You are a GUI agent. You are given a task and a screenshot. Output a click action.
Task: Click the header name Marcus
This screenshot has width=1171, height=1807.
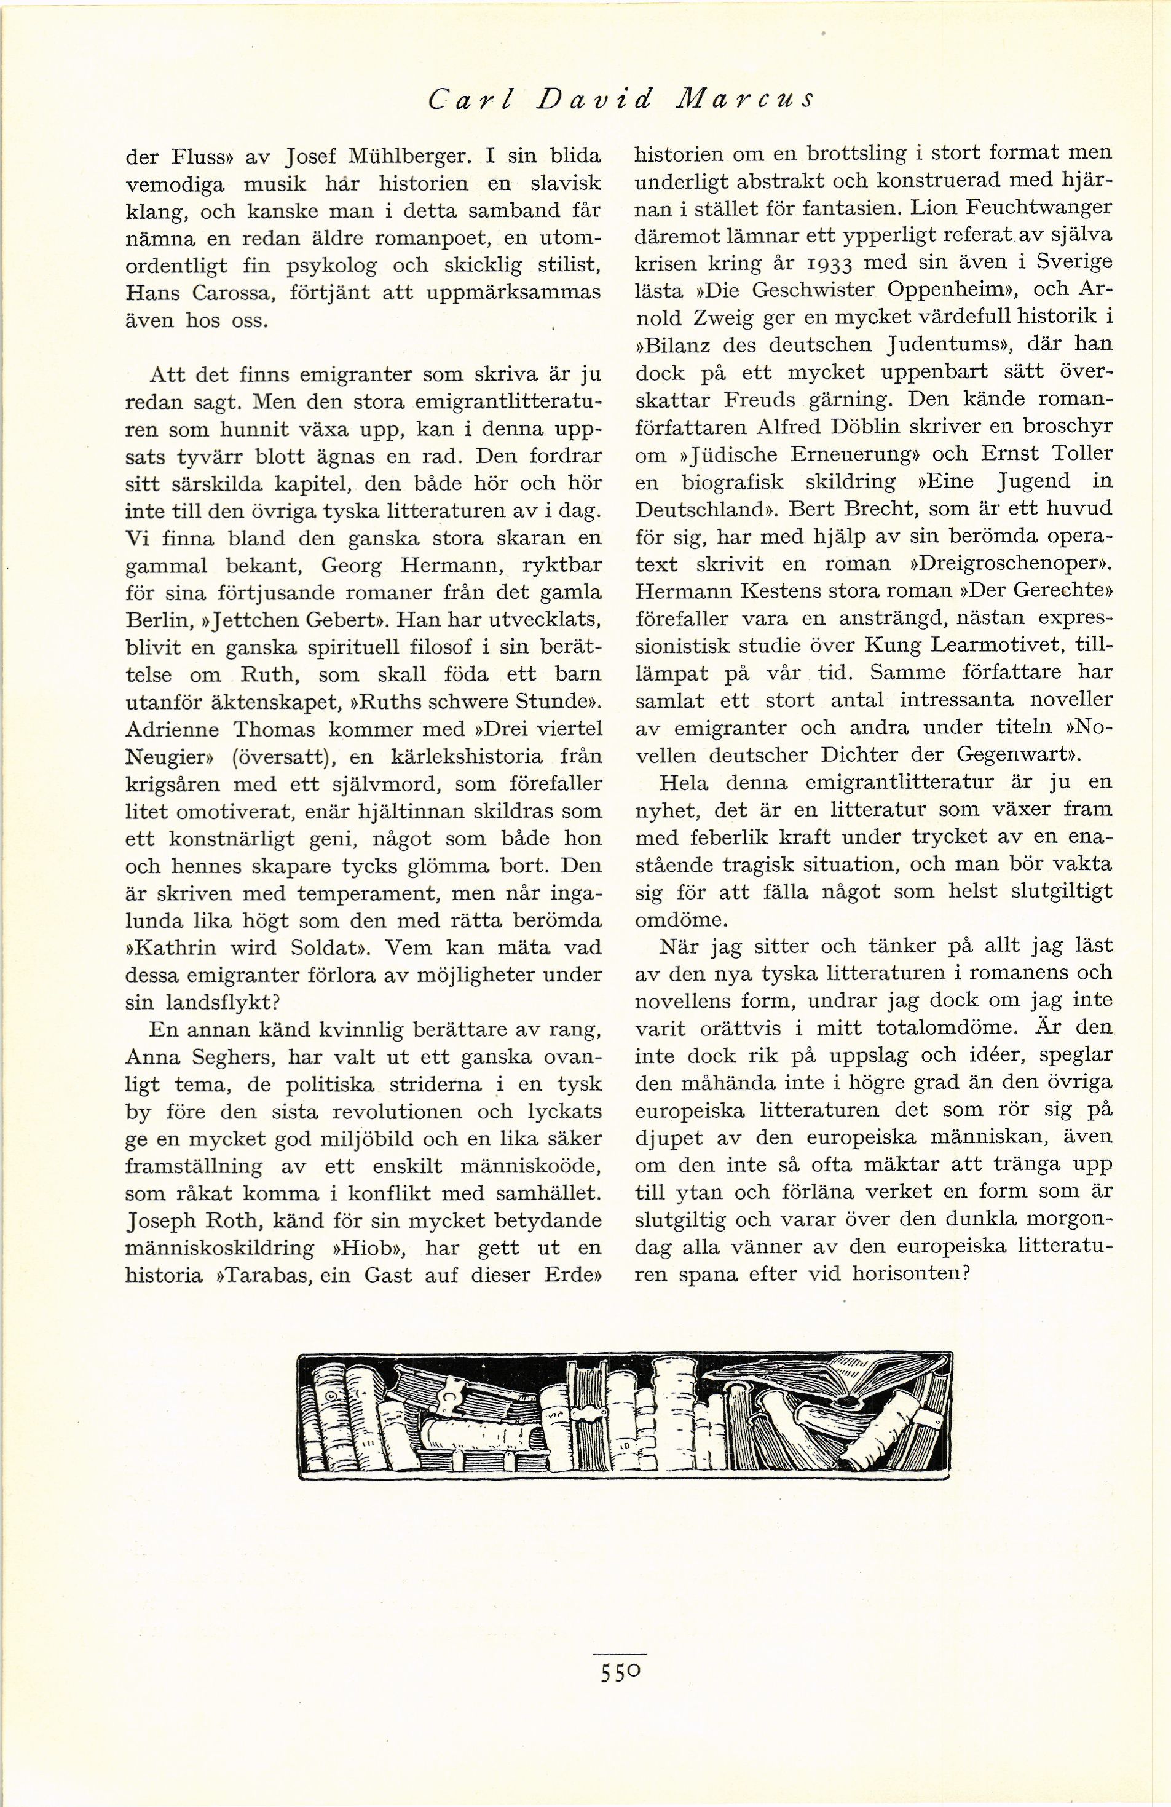pyautogui.click(x=739, y=100)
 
